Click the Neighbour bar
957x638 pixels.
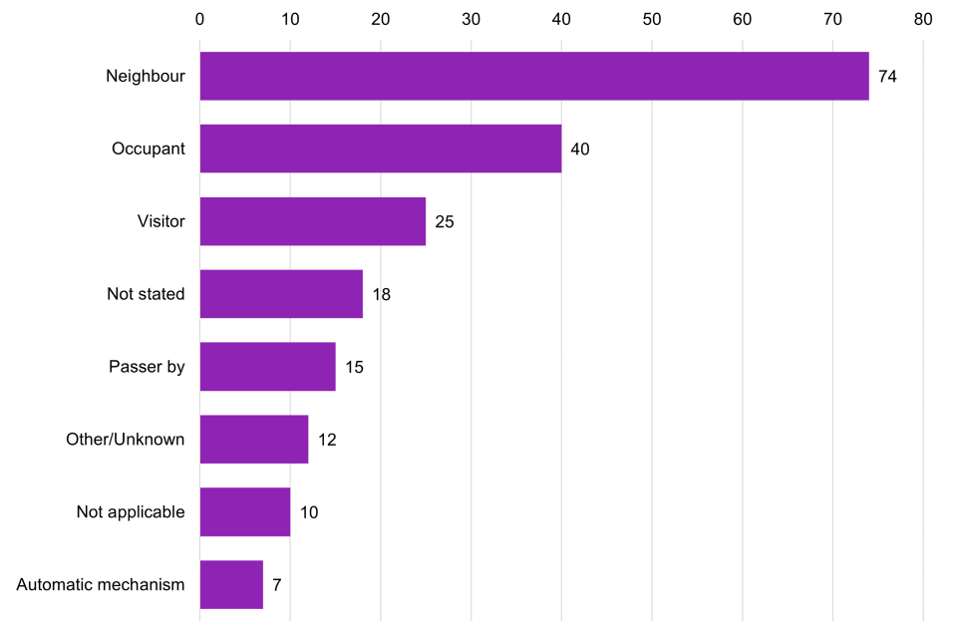pos(534,76)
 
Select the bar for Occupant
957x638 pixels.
pos(381,149)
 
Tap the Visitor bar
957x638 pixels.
pos(313,221)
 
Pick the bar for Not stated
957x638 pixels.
pos(281,294)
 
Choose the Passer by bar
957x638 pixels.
pos(267,367)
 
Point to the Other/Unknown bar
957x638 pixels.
pos(254,440)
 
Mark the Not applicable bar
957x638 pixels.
pos(245,512)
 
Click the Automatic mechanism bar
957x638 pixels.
pos(231,585)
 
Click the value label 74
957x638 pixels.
pos(887,77)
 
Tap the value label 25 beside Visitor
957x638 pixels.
pos(445,222)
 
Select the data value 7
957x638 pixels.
pos(276,586)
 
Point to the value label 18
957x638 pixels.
pos(381,295)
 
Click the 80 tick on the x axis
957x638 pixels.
pos(922,19)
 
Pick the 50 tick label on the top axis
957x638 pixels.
pos(652,19)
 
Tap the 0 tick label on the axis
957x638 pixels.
pos(200,19)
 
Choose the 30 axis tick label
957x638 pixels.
pos(471,19)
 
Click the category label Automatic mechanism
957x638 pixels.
pos(101,585)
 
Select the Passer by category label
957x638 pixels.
pos(147,367)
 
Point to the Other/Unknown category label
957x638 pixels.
pos(126,440)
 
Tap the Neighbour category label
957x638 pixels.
pos(146,76)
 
